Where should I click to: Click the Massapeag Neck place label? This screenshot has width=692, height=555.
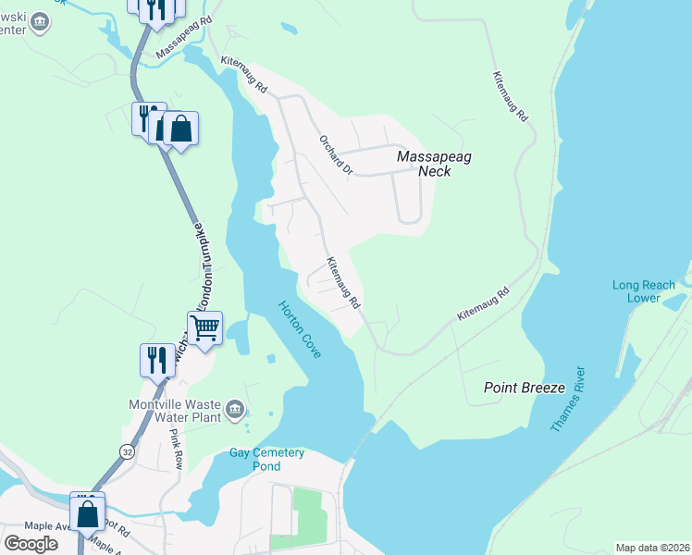tap(434, 164)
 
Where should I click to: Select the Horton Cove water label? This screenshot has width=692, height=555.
tap(299, 329)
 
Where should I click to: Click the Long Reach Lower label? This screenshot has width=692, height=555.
tap(649, 291)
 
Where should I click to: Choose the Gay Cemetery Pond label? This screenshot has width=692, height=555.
tap(266, 459)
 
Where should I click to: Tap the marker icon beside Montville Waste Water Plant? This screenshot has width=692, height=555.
tap(236, 408)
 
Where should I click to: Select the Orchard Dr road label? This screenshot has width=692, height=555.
tap(337, 154)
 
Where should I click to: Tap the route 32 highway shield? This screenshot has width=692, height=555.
tap(126, 450)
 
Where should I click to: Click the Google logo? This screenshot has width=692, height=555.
tap(31, 543)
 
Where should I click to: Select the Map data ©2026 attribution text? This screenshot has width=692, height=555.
tap(652, 548)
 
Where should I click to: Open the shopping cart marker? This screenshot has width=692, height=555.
tap(204, 327)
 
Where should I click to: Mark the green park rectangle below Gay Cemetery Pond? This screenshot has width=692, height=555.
tap(308, 511)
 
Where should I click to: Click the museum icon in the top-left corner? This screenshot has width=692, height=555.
tap(40, 21)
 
